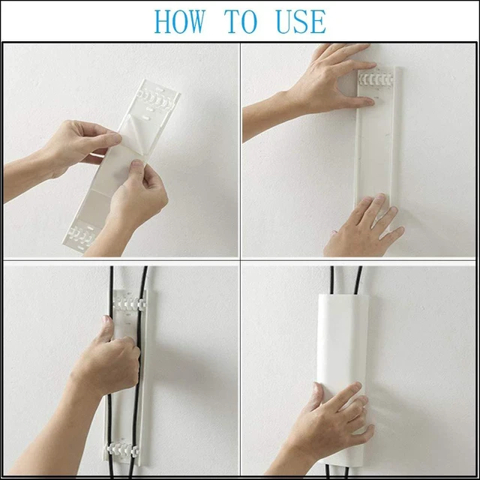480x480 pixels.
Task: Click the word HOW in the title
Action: (x=179, y=22)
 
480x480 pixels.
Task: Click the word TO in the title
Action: (x=241, y=22)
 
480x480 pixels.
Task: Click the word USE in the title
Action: (x=301, y=22)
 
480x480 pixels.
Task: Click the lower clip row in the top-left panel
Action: (x=82, y=236)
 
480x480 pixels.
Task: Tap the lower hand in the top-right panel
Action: (x=364, y=226)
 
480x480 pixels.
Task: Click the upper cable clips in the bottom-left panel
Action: (x=129, y=302)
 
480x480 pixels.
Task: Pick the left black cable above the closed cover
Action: (x=332, y=280)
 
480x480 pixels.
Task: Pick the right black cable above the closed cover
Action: (x=358, y=280)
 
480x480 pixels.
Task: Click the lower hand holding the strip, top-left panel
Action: (x=135, y=202)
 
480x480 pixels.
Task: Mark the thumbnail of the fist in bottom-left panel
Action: (x=106, y=320)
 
